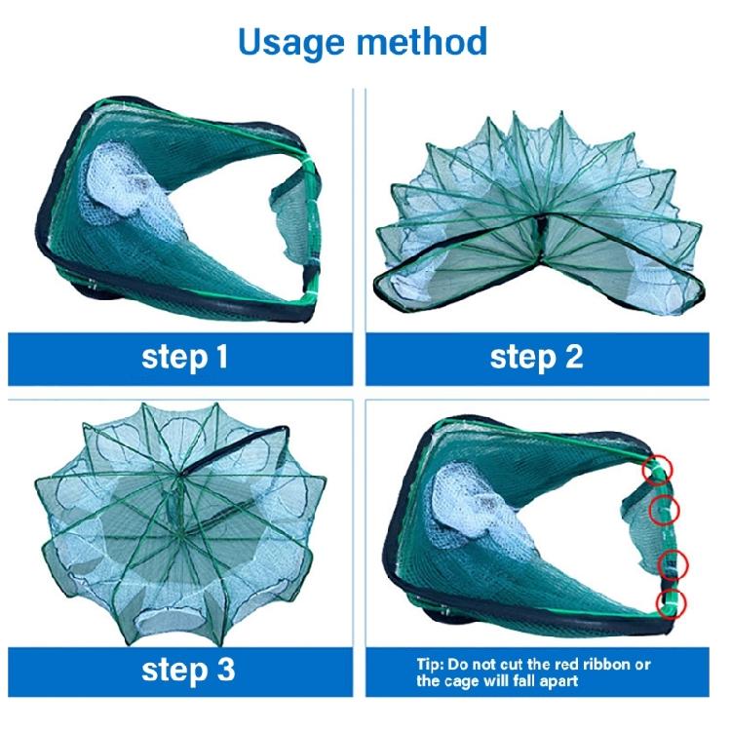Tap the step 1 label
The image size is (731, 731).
(185, 357)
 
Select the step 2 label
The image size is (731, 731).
(536, 357)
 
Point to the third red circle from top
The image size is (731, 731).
(674, 564)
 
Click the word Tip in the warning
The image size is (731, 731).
(430, 665)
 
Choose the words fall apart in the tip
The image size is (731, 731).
(546, 681)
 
